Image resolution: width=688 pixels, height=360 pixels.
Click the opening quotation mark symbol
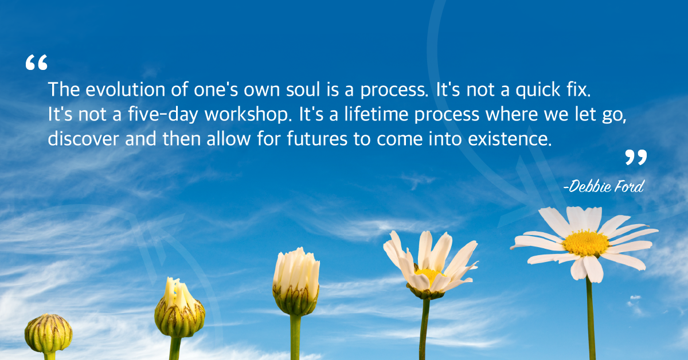(x=36, y=62)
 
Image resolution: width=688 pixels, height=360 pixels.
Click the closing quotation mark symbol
(x=636, y=157)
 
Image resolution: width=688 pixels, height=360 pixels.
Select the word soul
(x=303, y=89)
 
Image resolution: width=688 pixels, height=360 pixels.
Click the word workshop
(x=248, y=115)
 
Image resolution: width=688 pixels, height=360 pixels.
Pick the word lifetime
(x=376, y=114)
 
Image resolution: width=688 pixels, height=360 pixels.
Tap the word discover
(x=83, y=139)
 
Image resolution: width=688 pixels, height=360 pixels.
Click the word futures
(x=317, y=139)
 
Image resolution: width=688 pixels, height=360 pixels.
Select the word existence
(x=510, y=139)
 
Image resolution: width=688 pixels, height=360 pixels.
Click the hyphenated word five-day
(x=163, y=115)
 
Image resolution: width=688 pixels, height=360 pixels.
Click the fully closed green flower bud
(x=49, y=333)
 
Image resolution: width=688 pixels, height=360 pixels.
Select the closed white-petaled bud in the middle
(x=296, y=281)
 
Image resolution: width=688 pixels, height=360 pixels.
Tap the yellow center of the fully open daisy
(x=586, y=243)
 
